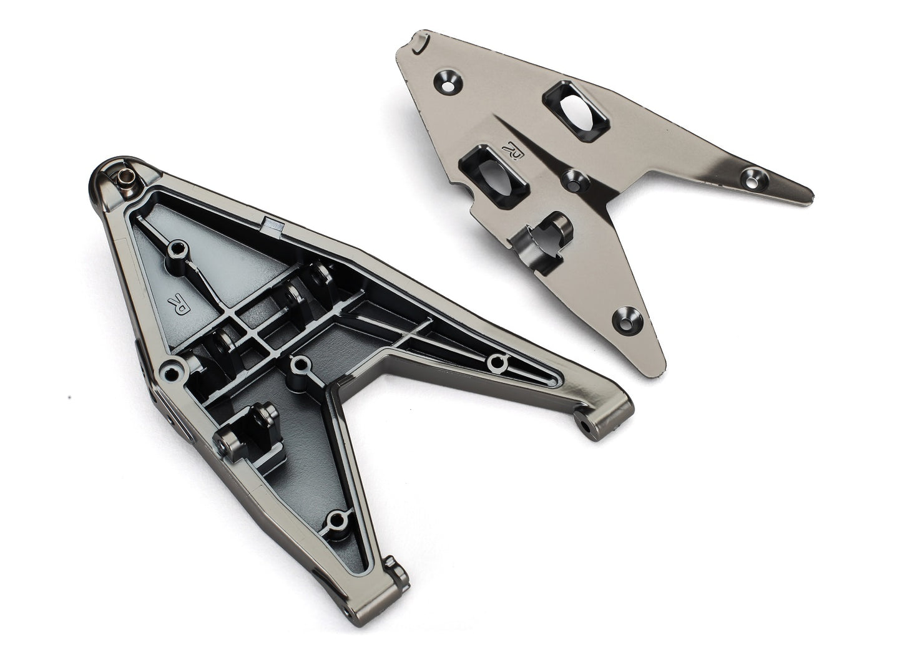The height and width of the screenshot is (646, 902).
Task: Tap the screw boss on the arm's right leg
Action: pos(497,362)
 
